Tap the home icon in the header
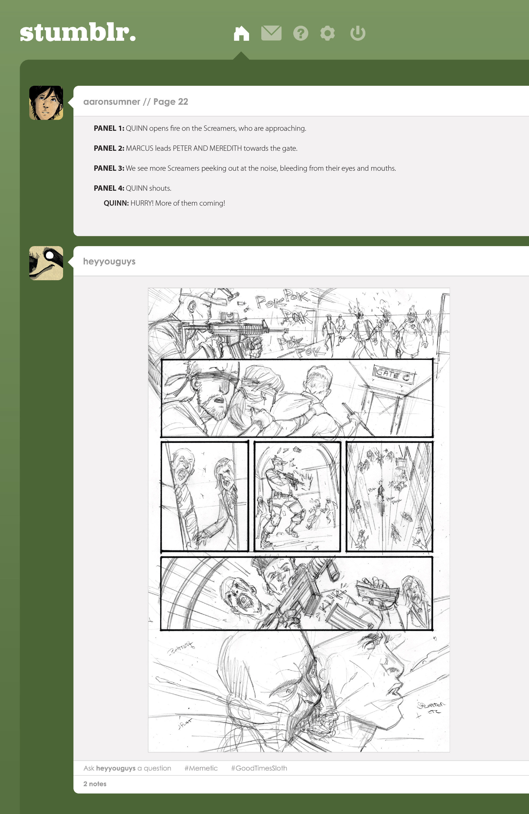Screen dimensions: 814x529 [241, 34]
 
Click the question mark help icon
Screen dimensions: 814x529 [300, 34]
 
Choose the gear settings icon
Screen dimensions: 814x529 [327, 34]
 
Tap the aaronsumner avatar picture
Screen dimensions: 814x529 [46, 103]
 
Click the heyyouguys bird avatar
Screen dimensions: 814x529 [46, 263]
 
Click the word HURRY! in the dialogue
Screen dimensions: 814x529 [142, 203]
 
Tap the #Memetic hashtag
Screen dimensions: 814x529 [201, 768]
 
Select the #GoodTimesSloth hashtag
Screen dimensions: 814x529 [259, 768]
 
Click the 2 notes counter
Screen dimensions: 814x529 [95, 784]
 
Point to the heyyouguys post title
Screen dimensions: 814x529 [109, 262]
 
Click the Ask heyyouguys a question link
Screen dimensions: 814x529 [127, 768]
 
